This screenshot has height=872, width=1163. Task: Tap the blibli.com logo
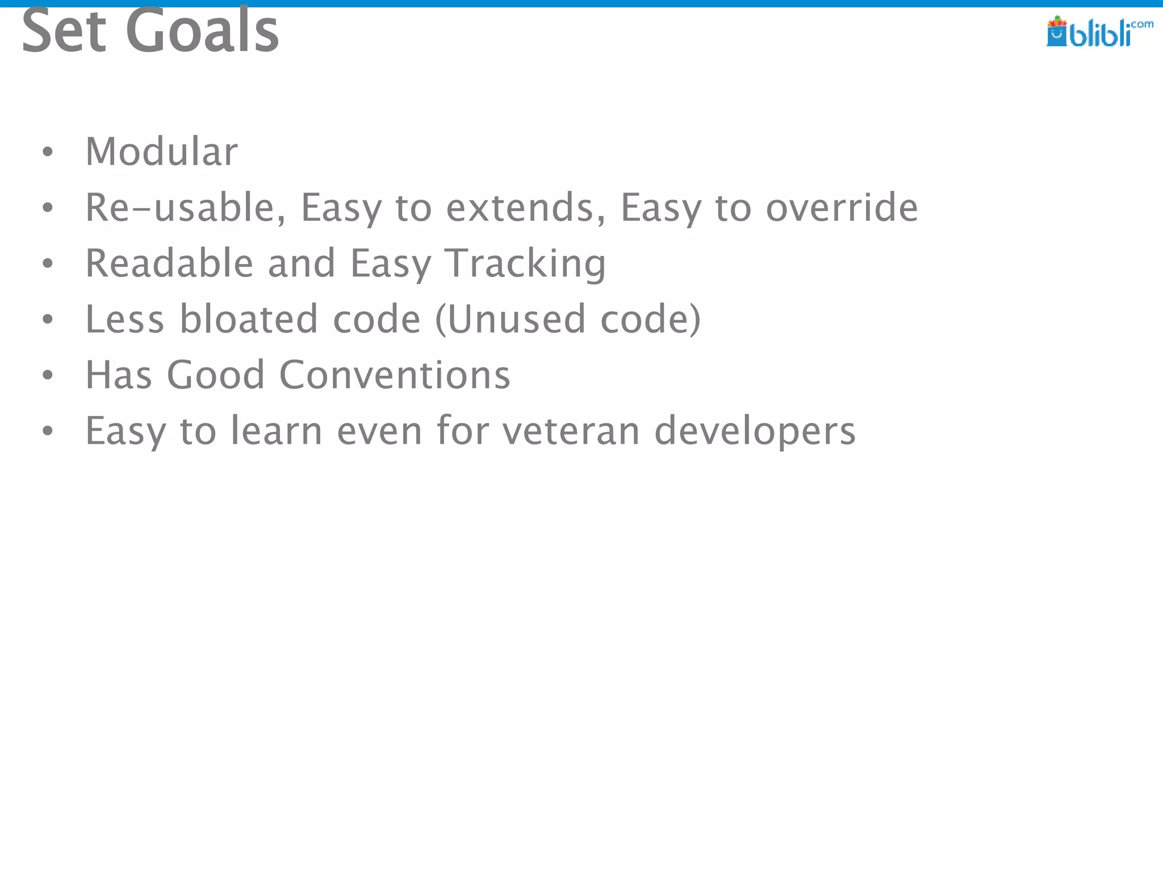coord(1098,32)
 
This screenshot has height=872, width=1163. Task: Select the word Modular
coord(161,152)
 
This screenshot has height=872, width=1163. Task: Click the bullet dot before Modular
coord(48,152)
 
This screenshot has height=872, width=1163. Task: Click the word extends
coord(526,208)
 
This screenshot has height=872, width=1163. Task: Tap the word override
coord(842,208)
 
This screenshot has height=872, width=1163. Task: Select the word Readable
coord(169,263)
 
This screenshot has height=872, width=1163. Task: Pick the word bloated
coord(249,319)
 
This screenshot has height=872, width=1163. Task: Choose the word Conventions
coord(395,375)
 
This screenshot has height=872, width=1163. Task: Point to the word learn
coord(277,431)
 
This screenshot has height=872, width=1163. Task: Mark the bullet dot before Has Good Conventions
coord(48,375)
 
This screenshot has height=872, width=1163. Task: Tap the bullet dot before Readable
coord(48,263)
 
